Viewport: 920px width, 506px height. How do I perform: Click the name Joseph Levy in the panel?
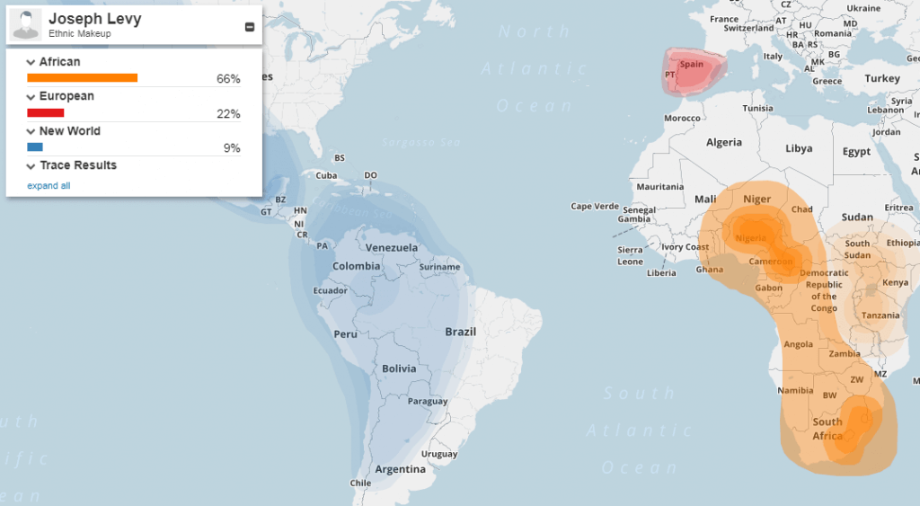(x=94, y=18)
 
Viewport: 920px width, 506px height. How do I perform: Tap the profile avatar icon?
(x=26, y=24)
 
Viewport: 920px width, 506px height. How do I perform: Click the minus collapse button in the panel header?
(x=249, y=27)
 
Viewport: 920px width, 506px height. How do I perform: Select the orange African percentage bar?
(x=82, y=78)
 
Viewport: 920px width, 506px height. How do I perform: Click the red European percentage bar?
(x=46, y=113)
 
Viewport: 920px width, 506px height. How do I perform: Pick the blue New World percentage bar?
(x=35, y=147)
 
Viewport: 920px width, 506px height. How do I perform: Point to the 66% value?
(x=228, y=79)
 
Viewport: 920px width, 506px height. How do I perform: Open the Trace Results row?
(x=77, y=165)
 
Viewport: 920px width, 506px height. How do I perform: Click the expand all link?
(x=49, y=186)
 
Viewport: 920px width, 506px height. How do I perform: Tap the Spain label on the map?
(x=692, y=65)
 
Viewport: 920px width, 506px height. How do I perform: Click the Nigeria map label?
(x=750, y=238)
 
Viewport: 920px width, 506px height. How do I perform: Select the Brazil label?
(x=460, y=332)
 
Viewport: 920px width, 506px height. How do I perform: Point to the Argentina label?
(x=400, y=469)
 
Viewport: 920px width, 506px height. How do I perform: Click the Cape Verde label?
(x=595, y=207)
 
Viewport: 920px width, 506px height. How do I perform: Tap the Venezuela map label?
(x=391, y=248)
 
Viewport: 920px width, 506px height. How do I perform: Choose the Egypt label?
(x=856, y=152)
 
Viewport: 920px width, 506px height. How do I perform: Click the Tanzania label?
(x=880, y=315)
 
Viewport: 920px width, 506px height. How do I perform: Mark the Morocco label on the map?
(x=682, y=119)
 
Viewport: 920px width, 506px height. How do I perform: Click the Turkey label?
(x=882, y=79)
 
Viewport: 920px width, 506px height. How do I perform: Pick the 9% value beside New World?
(x=232, y=148)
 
